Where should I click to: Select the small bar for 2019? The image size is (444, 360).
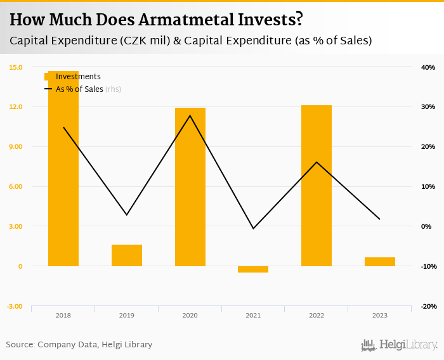(x=127, y=255)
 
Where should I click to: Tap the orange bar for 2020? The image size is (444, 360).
(x=190, y=187)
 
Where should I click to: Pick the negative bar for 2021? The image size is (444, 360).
(x=253, y=269)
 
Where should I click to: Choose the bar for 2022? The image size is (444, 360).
(x=317, y=186)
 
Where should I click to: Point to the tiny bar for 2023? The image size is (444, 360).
(x=380, y=262)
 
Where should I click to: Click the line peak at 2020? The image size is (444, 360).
(x=190, y=115)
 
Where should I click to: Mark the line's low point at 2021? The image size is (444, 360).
(x=253, y=228)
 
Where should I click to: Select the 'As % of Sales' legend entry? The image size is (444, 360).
(x=79, y=89)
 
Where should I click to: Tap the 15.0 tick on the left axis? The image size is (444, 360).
(x=16, y=67)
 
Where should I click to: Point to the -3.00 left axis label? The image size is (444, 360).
(x=16, y=306)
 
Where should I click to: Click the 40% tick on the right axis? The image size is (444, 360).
(x=428, y=67)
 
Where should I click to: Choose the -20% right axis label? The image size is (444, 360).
(x=428, y=306)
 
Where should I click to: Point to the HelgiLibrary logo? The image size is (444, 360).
(x=400, y=345)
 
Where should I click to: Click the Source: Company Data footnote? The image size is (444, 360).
(x=79, y=345)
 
